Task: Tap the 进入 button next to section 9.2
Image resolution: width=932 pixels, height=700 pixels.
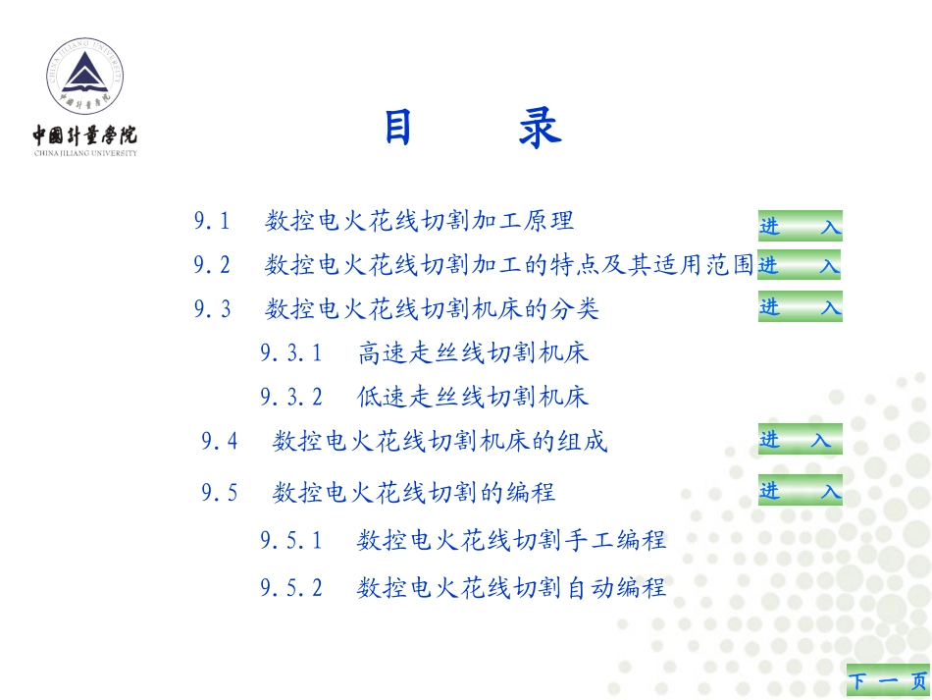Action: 800,265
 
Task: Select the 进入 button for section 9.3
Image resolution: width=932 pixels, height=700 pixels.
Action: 800,307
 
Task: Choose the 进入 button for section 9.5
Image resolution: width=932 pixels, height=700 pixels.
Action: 800,491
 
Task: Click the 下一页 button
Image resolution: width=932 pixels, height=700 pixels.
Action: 888,681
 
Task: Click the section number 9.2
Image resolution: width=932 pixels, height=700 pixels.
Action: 212,265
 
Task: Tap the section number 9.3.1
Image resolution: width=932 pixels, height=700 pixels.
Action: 291,352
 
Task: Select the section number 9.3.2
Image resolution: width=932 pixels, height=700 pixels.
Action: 291,397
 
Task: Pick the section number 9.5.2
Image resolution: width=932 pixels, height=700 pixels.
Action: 291,587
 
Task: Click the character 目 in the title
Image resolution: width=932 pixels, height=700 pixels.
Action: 397,129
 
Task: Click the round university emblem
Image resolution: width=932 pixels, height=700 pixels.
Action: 85,79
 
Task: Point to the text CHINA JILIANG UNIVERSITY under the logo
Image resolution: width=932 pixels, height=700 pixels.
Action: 85,153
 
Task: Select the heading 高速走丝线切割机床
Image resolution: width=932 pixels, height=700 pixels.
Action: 473,352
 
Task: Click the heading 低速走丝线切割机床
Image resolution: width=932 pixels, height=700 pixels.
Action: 473,397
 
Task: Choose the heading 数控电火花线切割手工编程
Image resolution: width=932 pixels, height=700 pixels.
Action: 512,539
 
